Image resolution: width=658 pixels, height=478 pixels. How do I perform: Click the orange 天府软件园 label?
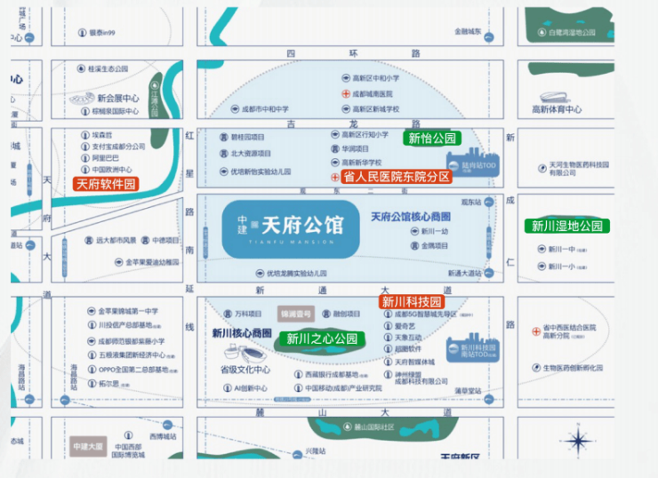coord(106,184)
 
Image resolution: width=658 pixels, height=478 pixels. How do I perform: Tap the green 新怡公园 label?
coord(432,139)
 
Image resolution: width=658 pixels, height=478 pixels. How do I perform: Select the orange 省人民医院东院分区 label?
coord(397,177)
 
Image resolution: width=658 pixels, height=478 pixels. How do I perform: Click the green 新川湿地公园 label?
coord(567,226)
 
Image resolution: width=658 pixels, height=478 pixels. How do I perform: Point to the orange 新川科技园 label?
coord(412,302)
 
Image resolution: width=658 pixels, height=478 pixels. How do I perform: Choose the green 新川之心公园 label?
coord(322,339)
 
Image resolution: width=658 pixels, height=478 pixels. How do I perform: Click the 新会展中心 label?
coord(118,98)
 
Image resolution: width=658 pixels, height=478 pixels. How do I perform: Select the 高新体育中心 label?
coord(557,109)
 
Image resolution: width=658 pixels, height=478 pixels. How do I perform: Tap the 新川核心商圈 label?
coord(242,332)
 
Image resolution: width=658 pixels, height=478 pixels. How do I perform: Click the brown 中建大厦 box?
coord(89,446)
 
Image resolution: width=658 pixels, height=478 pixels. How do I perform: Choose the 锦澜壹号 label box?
coord(295,314)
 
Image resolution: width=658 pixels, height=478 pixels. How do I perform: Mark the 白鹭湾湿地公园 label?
coord(572,32)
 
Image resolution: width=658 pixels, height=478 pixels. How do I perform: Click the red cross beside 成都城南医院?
coord(347,93)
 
